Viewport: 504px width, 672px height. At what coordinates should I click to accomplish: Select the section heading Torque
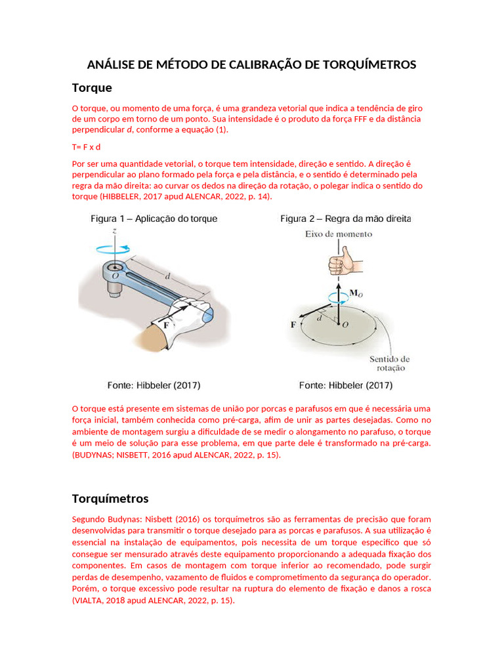click(x=92, y=87)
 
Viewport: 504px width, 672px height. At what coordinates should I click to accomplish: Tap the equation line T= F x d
click(x=86, y=146)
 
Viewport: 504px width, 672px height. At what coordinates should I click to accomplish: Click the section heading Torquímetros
click(x=110, y=498)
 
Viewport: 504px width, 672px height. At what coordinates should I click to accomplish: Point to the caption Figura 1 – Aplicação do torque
click(x=154, y=219)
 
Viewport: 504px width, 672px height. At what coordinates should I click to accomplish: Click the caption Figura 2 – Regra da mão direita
click(x=346, y=219)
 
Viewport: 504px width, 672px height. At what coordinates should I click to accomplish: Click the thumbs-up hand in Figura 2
click(x=344, y=262)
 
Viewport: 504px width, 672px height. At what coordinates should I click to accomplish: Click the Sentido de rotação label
click(x=390, y=364)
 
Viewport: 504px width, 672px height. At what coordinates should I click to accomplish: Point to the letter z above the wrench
click(x=115, y=231)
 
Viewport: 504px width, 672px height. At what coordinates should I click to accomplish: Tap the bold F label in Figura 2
click(x=293, y=324)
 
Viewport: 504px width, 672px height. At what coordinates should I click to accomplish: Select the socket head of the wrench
click(x=116, y=272)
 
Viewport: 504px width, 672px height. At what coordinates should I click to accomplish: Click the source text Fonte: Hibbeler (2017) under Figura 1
click(x=154, y=385)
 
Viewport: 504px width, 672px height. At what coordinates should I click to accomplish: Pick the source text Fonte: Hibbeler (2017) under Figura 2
click(x=345, y=385)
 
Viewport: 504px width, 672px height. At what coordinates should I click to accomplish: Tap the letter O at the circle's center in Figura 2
click(x=345, y=324)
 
